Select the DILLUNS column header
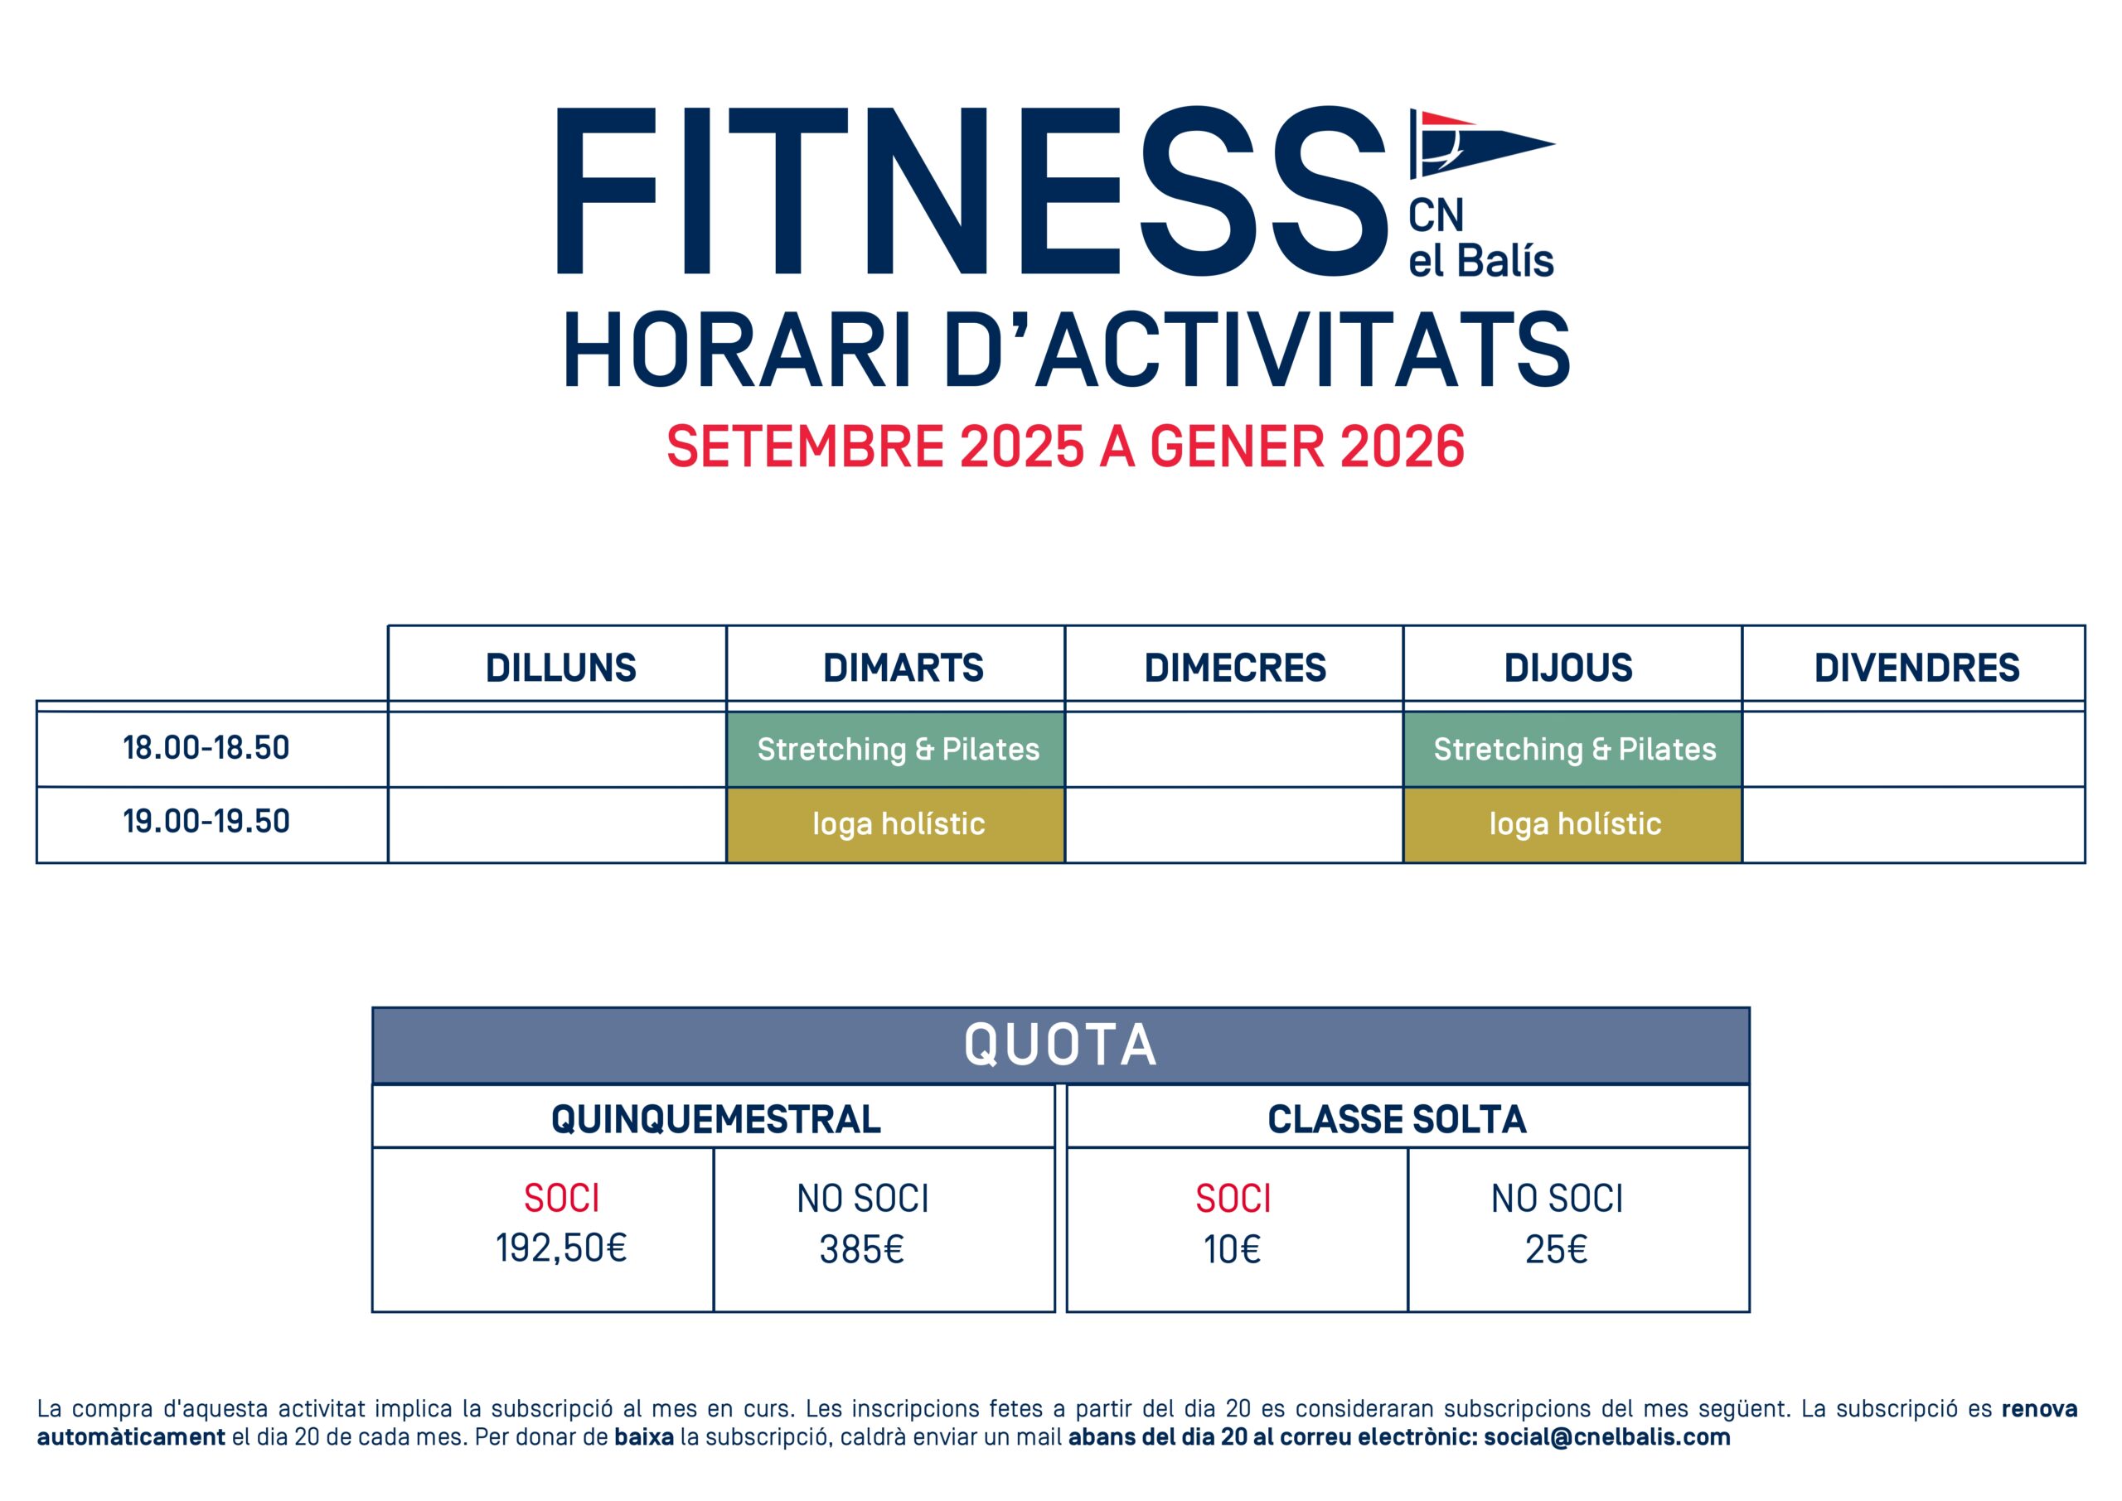pos(560,668)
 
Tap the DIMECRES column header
pos(1234,668)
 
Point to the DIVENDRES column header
pos(1916,668)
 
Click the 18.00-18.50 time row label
pos(206,747)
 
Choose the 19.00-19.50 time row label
pos(206,821)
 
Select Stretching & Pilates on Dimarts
pos(897,749)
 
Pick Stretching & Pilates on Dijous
pos(1574,749)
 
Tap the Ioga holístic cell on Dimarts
pos(897,823)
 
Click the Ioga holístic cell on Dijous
pos(1574,823)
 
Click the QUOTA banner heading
pos(1059,1045)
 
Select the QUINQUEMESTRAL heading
pos(715,1119)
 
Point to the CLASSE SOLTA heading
pos(1396,1119)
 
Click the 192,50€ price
pos(561,1248)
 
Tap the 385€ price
pos(862,1250)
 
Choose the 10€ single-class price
pos(1232,1250)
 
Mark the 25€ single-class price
pos(1556,1250)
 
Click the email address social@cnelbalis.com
pos(1607,1437)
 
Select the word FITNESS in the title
pos(971,191)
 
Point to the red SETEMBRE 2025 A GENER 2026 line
pos(1065,446)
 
